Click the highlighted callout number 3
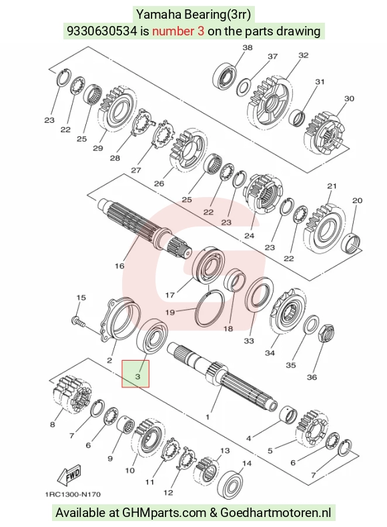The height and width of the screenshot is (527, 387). pyautogui.click(x=137, y=377)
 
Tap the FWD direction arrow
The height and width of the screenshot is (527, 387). pyautogui.click(x=70, y=476)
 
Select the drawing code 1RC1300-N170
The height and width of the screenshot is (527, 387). pyautogui.click(x=73, y=494)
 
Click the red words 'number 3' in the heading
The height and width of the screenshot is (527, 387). pyautogui.click(x=178, y=31)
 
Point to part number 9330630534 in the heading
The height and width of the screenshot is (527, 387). pyautogui.click(x=102, y=31)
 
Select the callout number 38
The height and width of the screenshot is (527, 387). pyautogui.click(x=248, y=47)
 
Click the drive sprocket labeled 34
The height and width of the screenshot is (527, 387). pyautogui.click(x=288, y=311)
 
